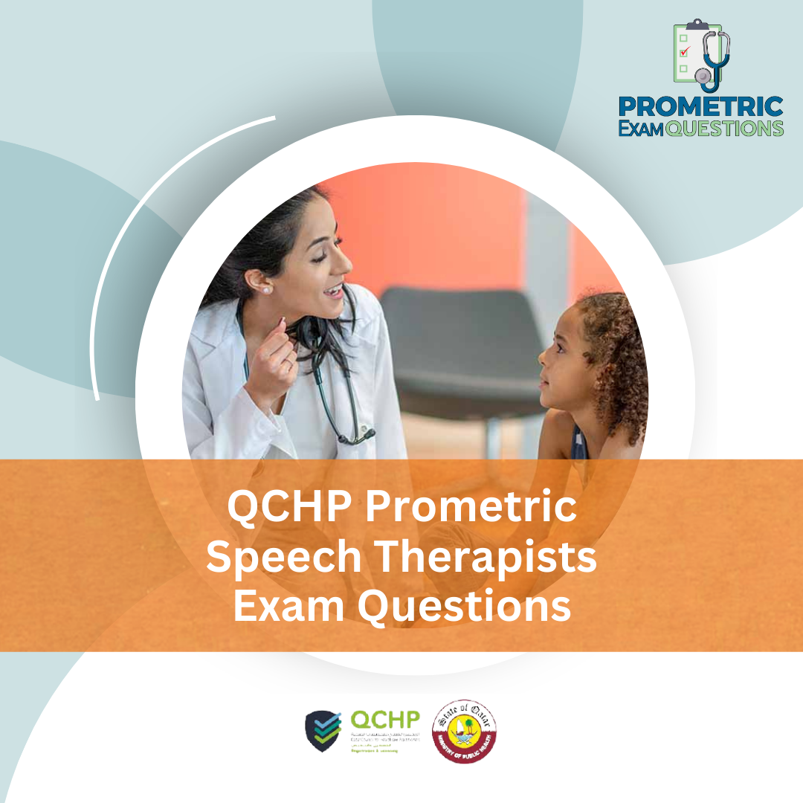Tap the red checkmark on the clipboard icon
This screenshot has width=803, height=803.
pos(685,51)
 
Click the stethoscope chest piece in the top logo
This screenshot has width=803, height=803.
pos(703,75)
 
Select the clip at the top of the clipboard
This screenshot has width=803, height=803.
pos(697,24)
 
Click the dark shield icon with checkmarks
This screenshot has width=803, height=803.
pos(323,731)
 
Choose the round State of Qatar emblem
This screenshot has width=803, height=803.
pos(465,730)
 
